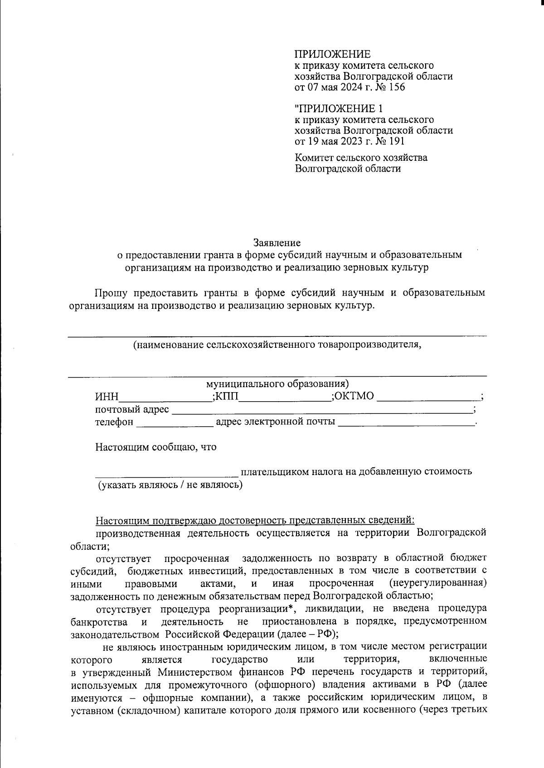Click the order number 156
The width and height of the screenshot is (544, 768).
pyautogui.click(x=397, y=87)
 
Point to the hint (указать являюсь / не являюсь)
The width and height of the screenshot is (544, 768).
pyautogui.click(x=170, y=485)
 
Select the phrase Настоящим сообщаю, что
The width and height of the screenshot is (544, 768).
pyautogui.click(x=155, y=447)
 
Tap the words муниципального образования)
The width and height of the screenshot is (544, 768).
pyautogui.click(x=277, y=384)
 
